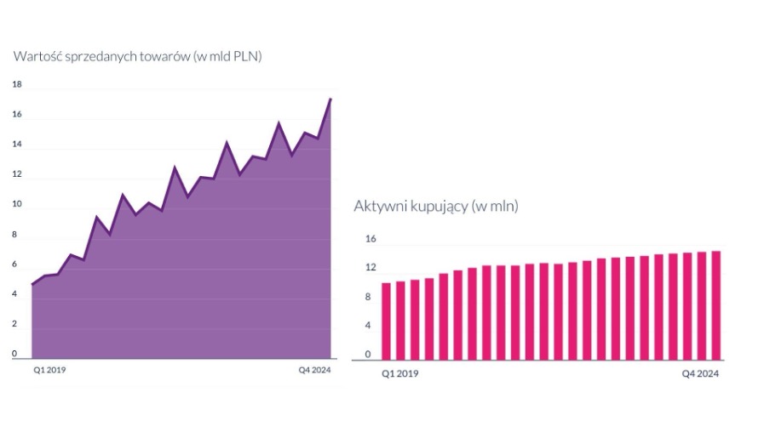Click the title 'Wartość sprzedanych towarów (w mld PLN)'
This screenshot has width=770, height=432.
[x=137, y=56]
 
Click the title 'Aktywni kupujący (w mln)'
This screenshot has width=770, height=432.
[x=435, y=207]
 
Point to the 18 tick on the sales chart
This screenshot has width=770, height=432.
[x=17, y=85]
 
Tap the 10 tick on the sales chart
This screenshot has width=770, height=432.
[x=17, y=205]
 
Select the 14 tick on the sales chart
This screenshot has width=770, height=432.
[x=17, y=145]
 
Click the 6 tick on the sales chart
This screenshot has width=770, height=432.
[x=14, y=264]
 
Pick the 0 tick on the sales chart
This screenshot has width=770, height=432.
[x=14, y=354]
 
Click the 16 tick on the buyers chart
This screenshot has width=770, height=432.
[x=371, y=239]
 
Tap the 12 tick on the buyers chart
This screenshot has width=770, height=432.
[x=371, y=268]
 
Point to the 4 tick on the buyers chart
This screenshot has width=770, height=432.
[x=368, y=326]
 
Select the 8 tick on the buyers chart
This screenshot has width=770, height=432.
[x=368, y=297]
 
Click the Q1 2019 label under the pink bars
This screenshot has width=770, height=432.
[x=399, y=373]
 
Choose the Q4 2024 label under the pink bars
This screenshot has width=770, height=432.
[x=701, y=373]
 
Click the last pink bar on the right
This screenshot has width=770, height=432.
[x=716, y=304]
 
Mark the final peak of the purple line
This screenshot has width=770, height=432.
[x=330, y=99]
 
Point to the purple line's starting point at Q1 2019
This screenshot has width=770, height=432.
[x=32, y=284]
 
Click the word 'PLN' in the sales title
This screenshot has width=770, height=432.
[x=246, y=56]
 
